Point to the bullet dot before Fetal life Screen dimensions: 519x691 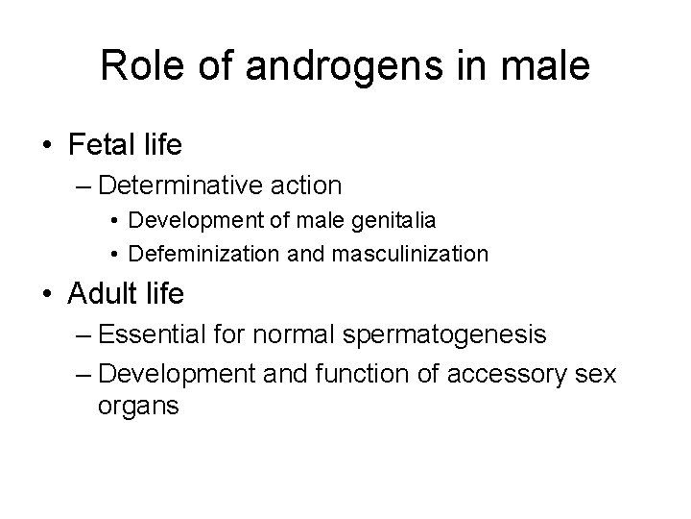point(47,146)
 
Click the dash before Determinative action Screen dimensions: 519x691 point(81,184)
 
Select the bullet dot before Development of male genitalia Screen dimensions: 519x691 point(113,220)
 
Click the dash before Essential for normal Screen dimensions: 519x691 point(81,335)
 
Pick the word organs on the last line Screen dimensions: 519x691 point(138,407)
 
